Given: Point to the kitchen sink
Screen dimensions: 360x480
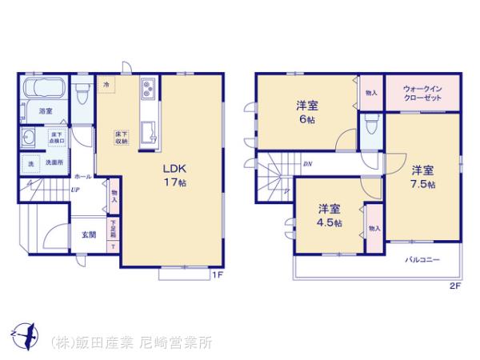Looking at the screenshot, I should point(146,131).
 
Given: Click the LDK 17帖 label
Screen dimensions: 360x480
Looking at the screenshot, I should point(175,175).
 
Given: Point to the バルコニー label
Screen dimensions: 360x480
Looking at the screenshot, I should point(420,260).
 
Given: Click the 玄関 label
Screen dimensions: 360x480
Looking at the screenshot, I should point(88,234).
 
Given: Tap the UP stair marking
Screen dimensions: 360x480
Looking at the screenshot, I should point(74,190).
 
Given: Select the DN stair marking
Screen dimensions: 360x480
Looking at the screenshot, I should point(308,165).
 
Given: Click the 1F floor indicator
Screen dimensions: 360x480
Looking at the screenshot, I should point(216,277).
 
